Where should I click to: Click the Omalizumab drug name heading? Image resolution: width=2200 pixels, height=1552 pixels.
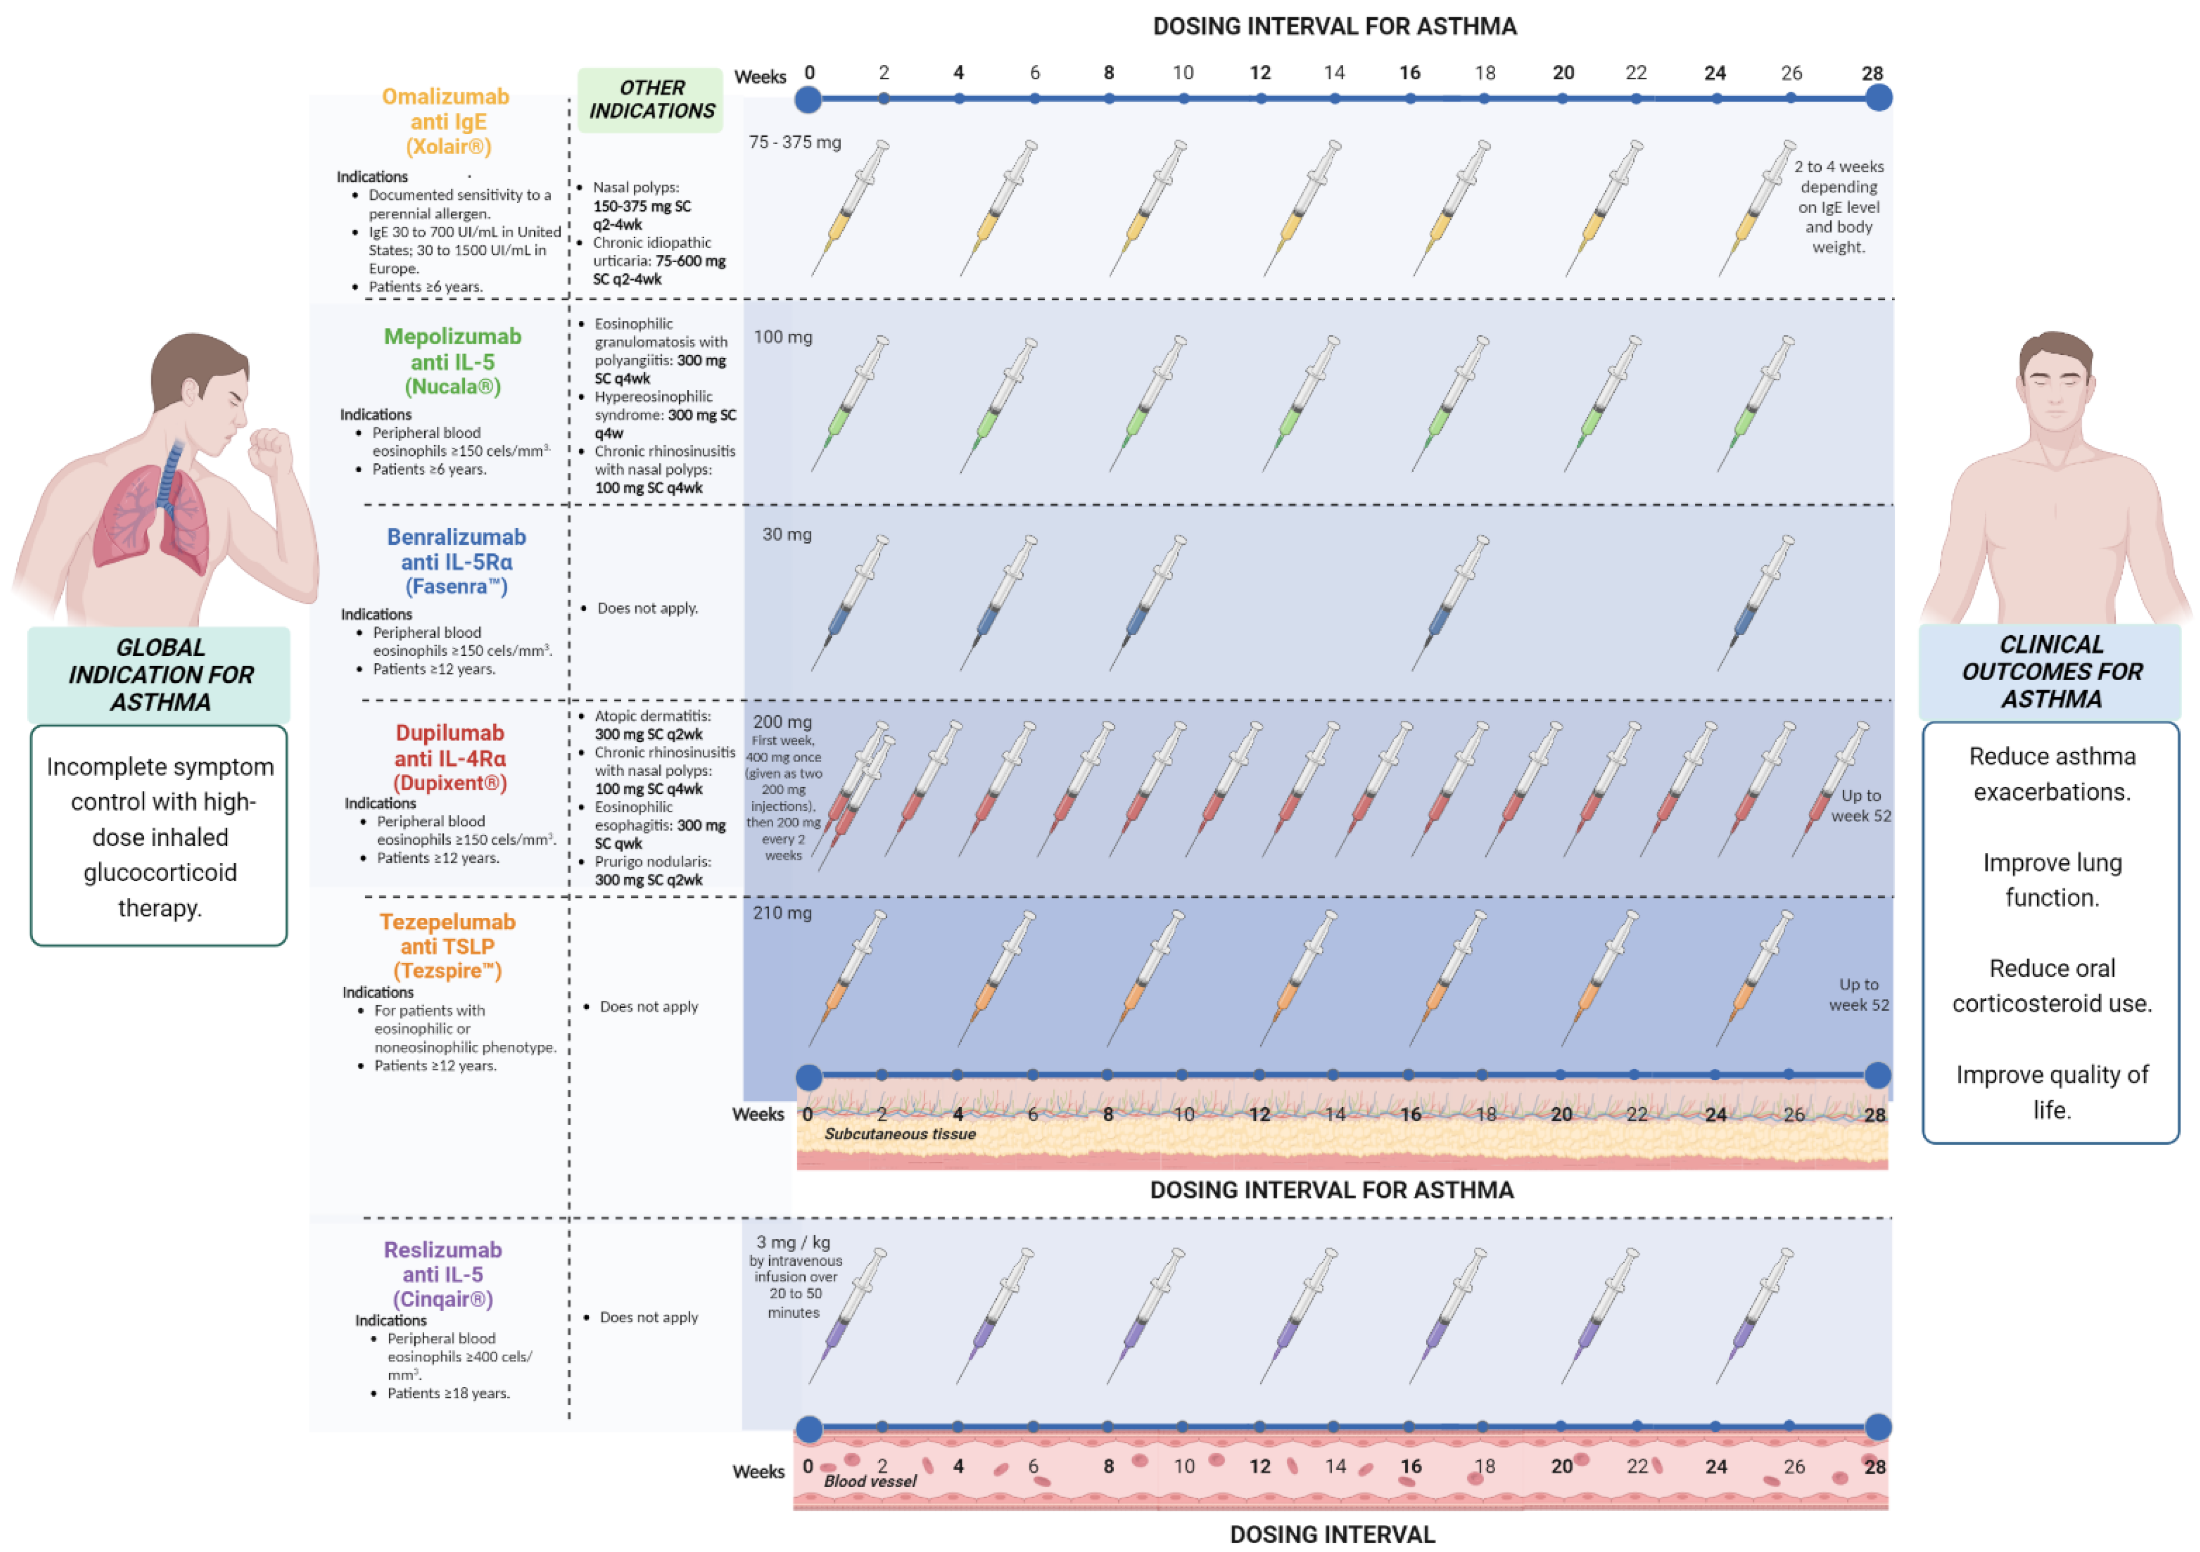click(x=446, y=97)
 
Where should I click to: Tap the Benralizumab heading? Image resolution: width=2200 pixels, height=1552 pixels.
click(x=456, y=538)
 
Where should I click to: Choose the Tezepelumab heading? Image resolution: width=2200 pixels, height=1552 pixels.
click(x=448, y=921)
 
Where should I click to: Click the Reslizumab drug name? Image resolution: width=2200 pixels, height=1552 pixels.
click(x=443, y=1250)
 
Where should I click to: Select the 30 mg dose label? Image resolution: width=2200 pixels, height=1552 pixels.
click(x=787, y=534)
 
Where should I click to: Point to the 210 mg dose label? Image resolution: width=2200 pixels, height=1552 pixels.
click(x=782, y=913)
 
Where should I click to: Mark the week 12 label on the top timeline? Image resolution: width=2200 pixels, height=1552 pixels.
click(x=1260, y=73)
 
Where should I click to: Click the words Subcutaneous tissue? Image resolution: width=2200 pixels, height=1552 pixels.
click(x=900, y=1134)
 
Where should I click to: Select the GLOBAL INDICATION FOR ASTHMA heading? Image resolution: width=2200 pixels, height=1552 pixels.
click(x=160, y=674)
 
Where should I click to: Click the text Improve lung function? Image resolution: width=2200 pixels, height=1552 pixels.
click(x=2052, y=880)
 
